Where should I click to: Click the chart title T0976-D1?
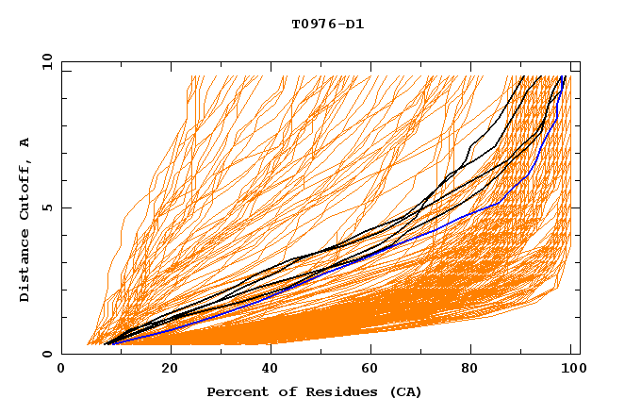(327, 25)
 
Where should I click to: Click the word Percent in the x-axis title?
(234, 391)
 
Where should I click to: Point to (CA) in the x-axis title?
(403, 391)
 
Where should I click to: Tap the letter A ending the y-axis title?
(25, 142)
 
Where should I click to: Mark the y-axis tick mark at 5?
(65, 207)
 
